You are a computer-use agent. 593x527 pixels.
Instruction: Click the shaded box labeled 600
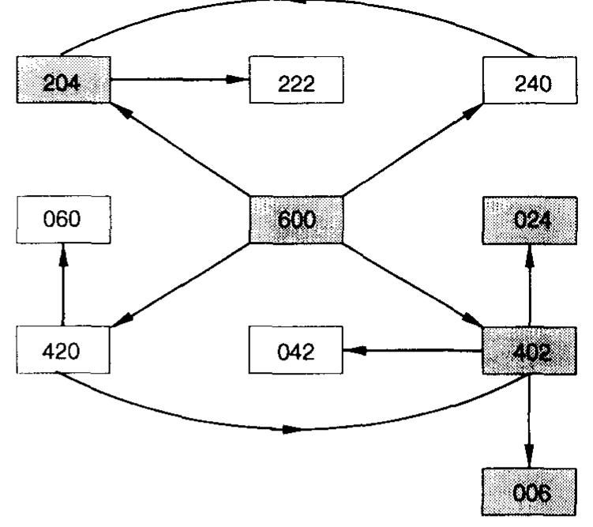point(296,219)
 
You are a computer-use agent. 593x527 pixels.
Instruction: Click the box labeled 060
point(63,219)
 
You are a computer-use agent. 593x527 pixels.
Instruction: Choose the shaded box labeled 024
point(528,219)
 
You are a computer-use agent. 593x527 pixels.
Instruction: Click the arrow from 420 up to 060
point(63,284)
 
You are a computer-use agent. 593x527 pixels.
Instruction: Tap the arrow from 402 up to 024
point(528,284)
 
